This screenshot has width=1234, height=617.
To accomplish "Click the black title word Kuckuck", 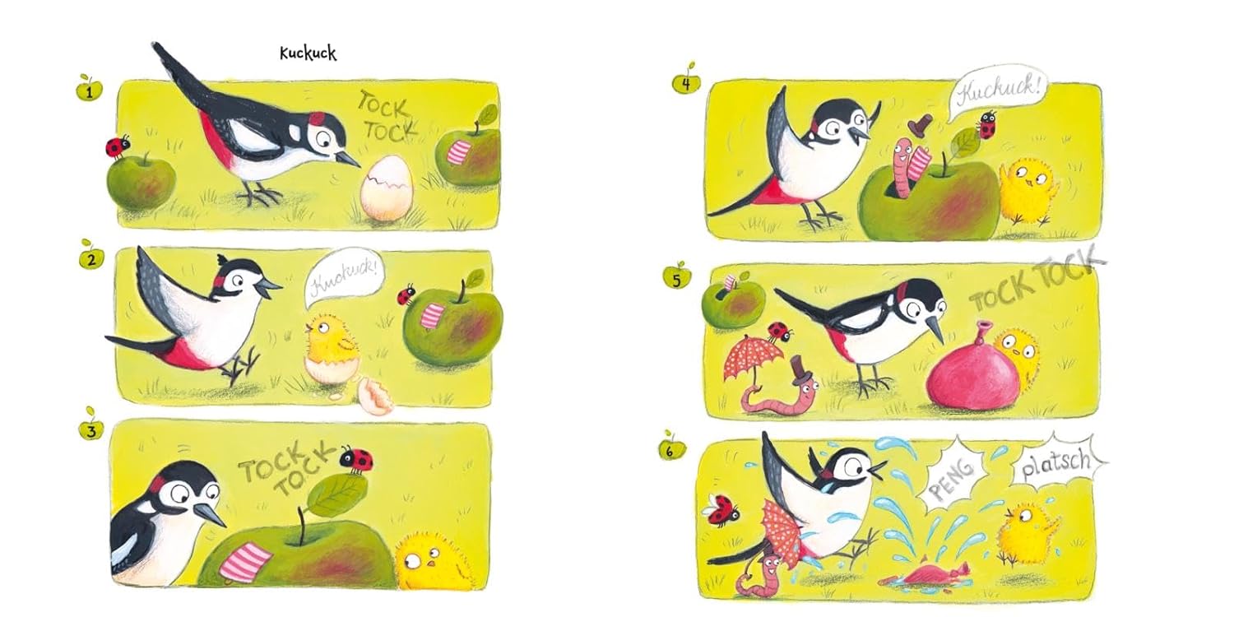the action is pyautogui.click(x=308, y=53).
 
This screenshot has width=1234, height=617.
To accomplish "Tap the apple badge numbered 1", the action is pyautogui.click(x=89, y=89).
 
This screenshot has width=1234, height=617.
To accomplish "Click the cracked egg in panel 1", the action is pyautogui.click(x=386, y=188).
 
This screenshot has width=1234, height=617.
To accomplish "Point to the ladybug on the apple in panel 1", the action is pyautogui.click(x=117, y=146).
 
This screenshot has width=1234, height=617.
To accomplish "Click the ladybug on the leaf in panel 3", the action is pyautogui.click(x=357, y=459).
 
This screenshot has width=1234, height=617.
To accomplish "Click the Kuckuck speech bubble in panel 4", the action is pyautogui.click(x=997, y=95).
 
